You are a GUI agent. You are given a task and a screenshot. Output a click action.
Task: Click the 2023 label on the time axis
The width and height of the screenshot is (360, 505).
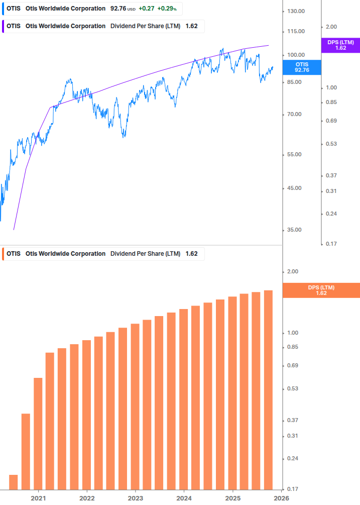coord(136,497)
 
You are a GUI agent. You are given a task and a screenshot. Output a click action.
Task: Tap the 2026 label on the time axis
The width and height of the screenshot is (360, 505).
coord(281,497)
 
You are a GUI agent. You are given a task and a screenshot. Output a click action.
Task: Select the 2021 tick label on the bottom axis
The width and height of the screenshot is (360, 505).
coord(38,497)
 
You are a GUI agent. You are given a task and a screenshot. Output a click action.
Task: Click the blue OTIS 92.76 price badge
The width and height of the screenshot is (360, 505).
coord(302,67)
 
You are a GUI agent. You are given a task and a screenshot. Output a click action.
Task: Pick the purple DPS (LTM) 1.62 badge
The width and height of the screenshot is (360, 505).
coord(340,45)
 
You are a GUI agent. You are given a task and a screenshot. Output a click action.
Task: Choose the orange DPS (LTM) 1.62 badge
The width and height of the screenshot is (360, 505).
coord(321,290)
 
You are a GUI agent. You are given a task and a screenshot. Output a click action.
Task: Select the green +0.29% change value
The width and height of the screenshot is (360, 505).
coord(167,9)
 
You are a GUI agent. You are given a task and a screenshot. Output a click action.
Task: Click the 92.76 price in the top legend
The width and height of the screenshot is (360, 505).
coord(118,9)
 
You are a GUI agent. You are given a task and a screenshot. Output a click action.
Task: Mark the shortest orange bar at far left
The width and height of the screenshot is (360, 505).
coord(14,482)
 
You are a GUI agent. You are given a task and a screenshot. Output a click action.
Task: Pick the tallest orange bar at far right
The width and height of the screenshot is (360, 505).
coord(268,389)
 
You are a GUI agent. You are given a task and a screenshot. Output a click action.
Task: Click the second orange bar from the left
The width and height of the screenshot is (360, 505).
coord(26,451)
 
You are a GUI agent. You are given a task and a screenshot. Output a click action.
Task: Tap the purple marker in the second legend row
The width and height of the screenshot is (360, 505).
coord(4,26)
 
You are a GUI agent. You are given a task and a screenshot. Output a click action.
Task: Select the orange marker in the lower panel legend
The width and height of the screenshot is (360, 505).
coord(4,254)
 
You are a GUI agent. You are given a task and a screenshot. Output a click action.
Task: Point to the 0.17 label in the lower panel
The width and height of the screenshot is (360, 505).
coord(293,489)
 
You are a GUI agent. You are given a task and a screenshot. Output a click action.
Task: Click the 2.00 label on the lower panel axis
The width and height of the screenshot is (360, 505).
coord(293,272)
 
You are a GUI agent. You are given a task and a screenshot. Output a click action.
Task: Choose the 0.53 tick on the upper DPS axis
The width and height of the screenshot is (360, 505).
coord(331,144)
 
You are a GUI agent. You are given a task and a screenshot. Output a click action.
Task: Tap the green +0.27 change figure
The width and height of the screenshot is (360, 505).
coord(147,9)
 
